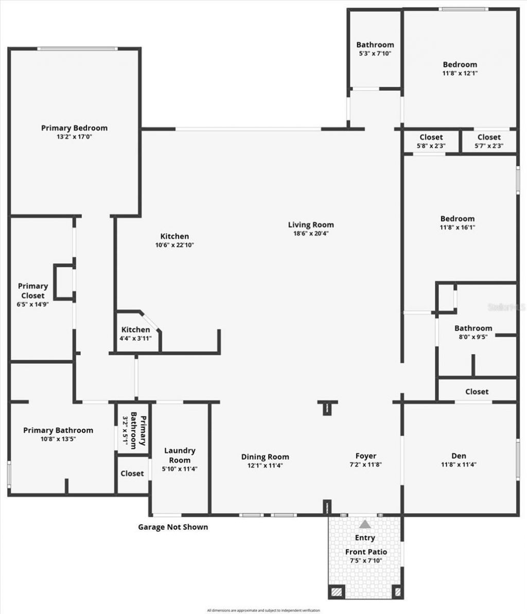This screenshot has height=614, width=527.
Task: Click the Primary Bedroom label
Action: tap(75, 128)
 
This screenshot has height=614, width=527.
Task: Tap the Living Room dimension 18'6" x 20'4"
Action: tap(310, 233)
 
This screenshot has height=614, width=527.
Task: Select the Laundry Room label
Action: tap(180, 455)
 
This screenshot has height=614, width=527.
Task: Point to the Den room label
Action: tap(459, 455)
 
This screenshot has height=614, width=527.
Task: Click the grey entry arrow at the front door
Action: tap(365, 524)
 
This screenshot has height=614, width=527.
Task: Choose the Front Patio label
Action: tap(366, 552)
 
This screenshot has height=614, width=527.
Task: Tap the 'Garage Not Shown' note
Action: tap(173, 527)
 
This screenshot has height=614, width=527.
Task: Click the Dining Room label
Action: tap(265, 457)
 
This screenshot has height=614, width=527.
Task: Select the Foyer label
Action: tap(366, 455)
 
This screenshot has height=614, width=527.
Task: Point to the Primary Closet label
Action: tap(33, 291)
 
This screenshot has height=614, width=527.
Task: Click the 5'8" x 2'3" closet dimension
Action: tap(431, 146)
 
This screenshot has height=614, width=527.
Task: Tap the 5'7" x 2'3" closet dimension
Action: tap(488, 146)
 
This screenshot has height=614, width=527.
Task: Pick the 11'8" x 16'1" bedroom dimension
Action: tap(457, 227)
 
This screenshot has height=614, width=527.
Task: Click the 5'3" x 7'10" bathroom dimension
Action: tap(375, 53)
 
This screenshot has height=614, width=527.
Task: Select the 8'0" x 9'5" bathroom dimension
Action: tap(473, 337)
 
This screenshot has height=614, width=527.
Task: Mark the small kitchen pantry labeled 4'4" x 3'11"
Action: tap(136, 338)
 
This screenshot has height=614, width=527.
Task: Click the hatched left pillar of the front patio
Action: tap(337, 592)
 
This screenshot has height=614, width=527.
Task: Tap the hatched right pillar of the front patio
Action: tap(397, 592)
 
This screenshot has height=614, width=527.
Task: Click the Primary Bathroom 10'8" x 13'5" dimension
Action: tap(58, 439)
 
